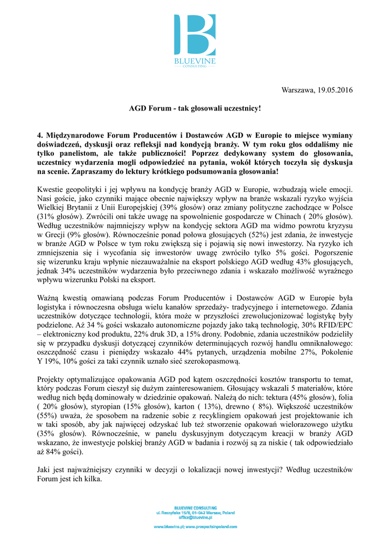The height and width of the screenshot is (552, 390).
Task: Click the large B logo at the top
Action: coord(194,36)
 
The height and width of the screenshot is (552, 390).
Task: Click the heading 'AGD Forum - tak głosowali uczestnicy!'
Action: coord(194,108)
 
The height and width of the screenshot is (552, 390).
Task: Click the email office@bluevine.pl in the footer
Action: coord(195,517)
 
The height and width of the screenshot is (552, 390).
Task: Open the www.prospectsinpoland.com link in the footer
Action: coord(212,527)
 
